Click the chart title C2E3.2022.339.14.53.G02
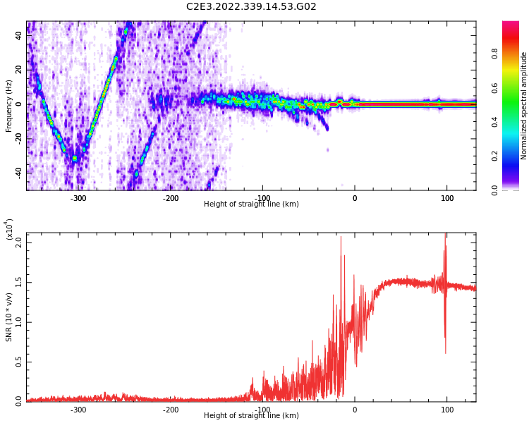point(251,7)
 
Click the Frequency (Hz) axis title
point(9,106)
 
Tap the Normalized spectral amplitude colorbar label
point(524,106)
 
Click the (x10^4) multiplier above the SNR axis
point(8,229)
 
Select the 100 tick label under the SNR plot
point(447,410)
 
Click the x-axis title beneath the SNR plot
point(251,416)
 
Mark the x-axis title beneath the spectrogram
point(251,204)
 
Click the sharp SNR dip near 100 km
point(445,351)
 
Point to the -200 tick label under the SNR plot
point(170,410)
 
